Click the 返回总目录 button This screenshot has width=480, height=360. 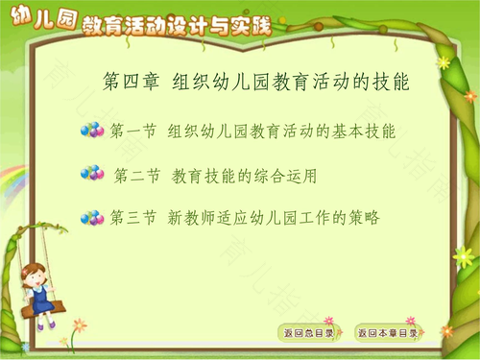pyautogui.click(x=309, y=333)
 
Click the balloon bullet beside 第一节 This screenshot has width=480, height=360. pyautogui.click(x=92, y=130)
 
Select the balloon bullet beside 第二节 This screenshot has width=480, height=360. pyautogui.click(x=92, y=174)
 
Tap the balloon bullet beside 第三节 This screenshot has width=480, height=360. pyautogui.click(x=92, y=218)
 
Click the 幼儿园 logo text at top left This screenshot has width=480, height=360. pyautogui.click(x=36, y=18)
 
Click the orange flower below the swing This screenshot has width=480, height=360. pyautogui.click(x=79, y=325)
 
